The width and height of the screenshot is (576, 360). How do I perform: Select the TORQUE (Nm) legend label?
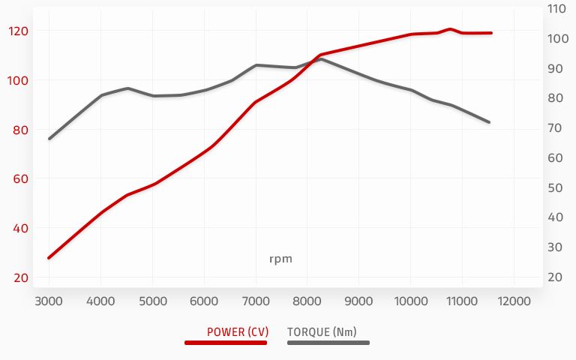(322, 331)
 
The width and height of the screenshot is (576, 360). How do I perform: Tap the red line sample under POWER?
(226, 343)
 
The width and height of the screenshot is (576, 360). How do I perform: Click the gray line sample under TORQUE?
(328, 343)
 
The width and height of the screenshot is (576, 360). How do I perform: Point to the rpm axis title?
(280, 259)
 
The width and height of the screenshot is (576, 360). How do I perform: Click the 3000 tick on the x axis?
(49, 301)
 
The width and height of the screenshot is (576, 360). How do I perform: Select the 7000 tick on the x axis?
(256, 301)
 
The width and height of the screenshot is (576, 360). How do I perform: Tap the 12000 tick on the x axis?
(514, 301)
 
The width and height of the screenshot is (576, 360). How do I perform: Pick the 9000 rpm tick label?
(358, 301)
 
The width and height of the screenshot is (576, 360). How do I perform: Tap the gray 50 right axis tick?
(558, 187)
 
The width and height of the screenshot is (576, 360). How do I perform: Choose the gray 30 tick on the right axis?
(558, 247)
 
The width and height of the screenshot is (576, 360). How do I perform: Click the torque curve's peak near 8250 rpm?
(321, 58)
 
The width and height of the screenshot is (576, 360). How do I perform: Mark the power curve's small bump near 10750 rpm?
(450, 29)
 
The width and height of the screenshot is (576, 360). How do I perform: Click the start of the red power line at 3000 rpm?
(49, 257)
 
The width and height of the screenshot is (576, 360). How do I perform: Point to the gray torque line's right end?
(489, 121)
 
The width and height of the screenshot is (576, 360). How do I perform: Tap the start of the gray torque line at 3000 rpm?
(49, 138)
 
